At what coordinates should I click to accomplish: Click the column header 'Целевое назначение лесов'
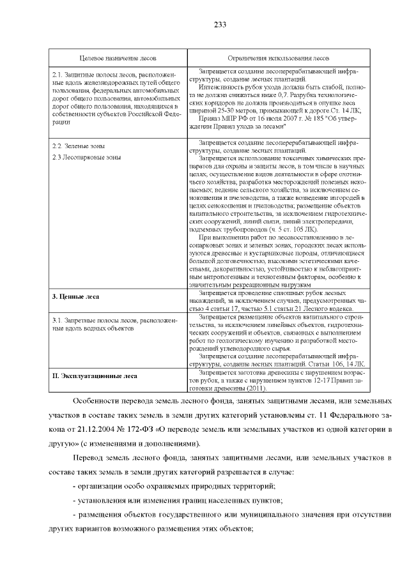pyautogui.click(x=115, y=58)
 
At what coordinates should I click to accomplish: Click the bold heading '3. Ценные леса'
pyautogui.click(x=75, y=297)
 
